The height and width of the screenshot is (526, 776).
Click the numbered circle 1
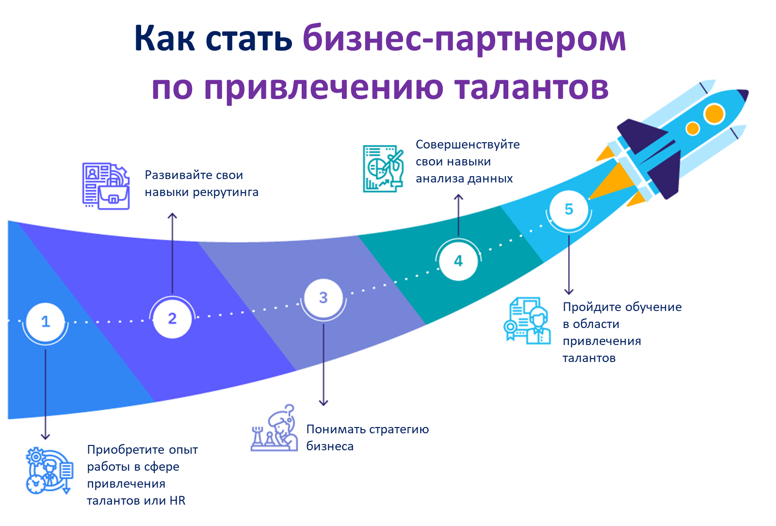pos(45,321)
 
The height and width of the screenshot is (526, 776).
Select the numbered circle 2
pos(172,318)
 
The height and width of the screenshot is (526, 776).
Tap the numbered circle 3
pos(323,297)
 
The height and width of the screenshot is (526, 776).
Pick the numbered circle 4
pos(458,261)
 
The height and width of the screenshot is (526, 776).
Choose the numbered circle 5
pos(569,209)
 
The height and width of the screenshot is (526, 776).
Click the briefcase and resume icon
pos(106,186)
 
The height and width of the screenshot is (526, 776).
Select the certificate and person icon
pos(527,321)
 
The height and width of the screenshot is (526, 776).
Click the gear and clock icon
pos(49,471)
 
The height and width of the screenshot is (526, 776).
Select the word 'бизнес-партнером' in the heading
pos(464,38)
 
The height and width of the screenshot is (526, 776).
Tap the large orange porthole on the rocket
pos(714,114)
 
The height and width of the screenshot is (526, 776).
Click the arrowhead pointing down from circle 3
pos(323,403)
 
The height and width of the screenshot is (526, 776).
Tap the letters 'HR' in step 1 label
pos(178,501)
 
